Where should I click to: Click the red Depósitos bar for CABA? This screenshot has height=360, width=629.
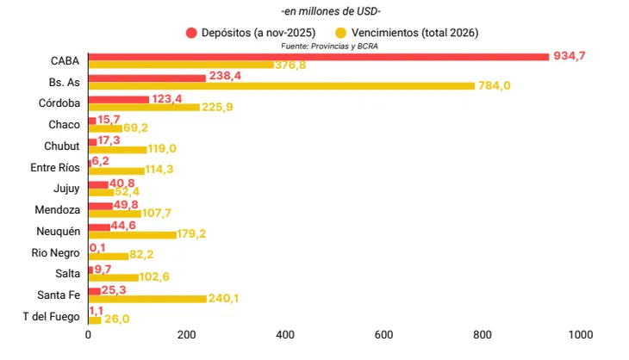[x=319, y=57]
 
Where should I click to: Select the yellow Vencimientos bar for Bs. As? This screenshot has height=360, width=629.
[x=281, y=85]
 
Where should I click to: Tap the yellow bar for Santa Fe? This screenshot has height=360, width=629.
[x=147, y=299]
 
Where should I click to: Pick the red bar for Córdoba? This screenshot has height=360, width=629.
[x=118, y=99]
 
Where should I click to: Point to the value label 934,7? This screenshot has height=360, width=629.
[x=569, y=56]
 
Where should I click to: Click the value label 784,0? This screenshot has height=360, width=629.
[x=495, y=86]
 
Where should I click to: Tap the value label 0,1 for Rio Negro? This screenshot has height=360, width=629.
[x=97, y=248]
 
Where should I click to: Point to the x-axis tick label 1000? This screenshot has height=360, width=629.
[x=579, y=334]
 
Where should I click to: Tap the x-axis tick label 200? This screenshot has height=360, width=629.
[x=186, y=334]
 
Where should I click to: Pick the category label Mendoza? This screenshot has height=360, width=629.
[x=58, y=209]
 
